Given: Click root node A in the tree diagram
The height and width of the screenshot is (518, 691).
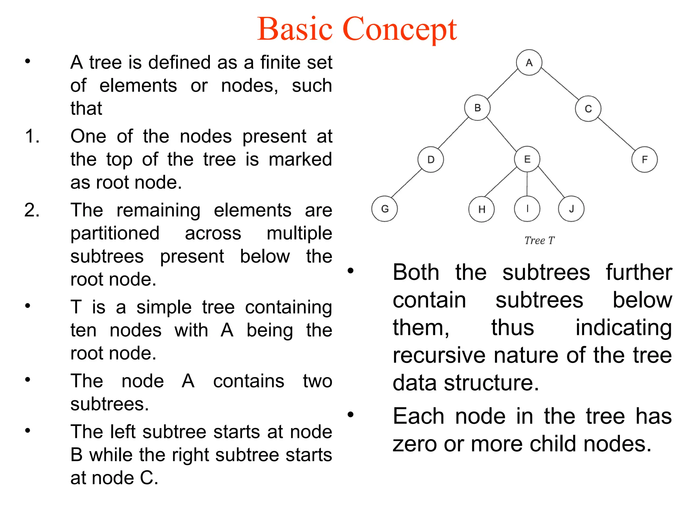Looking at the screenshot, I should (x=529, y=63).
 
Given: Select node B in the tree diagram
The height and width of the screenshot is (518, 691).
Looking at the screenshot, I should (x=477, y=108).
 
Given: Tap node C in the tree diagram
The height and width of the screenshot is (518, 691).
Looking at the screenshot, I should (x=588, y=109).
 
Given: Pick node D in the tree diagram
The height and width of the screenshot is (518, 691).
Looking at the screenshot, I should (x=431, y=160).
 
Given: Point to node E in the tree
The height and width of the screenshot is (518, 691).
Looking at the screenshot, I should (x=527, y=159).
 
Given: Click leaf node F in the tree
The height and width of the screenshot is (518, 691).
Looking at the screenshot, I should (x=644, y=160).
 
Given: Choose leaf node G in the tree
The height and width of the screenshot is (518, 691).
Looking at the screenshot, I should (x=385, y=209).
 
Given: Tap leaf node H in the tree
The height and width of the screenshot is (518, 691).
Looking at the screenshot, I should (x=481, y=209).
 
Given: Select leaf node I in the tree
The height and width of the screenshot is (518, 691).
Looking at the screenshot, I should (x=527, y=209).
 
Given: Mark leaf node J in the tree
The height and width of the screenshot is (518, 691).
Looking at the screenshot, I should (x=571, y=209).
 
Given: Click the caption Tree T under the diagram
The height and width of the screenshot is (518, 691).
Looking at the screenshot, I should (x=539, y=240).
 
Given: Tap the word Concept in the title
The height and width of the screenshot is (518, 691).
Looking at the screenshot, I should (x=399, y=30).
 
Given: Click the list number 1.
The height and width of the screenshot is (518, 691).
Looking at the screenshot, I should (x=32, y=137).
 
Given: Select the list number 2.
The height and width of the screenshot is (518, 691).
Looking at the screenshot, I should (x=32, y=210).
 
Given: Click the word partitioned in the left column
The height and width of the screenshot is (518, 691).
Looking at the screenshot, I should (x=115, y=234).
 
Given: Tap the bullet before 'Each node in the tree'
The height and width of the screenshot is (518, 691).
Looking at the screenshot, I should (x=351, y=414).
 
